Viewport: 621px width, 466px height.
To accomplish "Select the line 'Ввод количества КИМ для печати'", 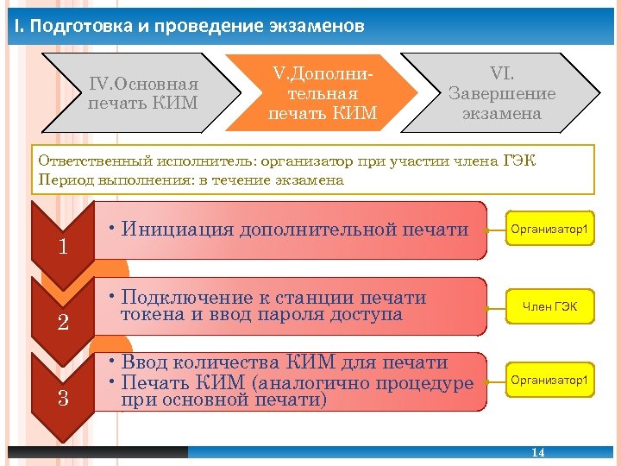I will click(x=285, y=362).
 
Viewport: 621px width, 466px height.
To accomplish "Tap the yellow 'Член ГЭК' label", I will click(x=549, y=305).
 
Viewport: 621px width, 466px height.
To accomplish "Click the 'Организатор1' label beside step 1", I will click(x=549, y=230).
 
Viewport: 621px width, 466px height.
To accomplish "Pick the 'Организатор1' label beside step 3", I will click(x=549, y=380).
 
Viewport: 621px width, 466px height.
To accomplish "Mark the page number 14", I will click(x=538, y=453).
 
